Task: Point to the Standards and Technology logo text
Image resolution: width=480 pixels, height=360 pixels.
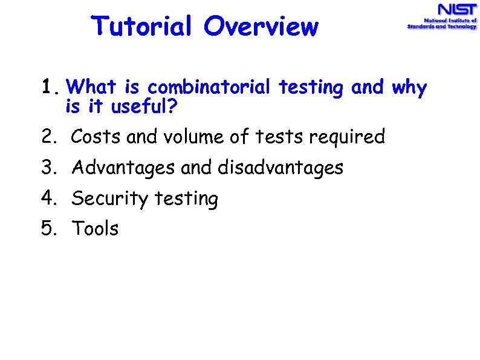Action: click(x=441, y=27)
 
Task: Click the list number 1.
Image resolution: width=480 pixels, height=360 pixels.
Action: click(x=51, y=88)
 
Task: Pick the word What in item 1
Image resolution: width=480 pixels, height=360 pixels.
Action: click(x=96, y=88)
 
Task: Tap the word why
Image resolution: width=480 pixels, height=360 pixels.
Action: click(x=409, y=88)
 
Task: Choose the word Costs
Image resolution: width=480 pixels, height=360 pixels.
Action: click(x=97, y=137)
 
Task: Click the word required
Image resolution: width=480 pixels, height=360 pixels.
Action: click(x=346, y=137)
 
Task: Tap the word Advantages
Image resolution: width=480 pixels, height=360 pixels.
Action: click(x=124, y=168)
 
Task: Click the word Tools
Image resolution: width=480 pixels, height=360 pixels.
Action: click(x=96, y=229)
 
